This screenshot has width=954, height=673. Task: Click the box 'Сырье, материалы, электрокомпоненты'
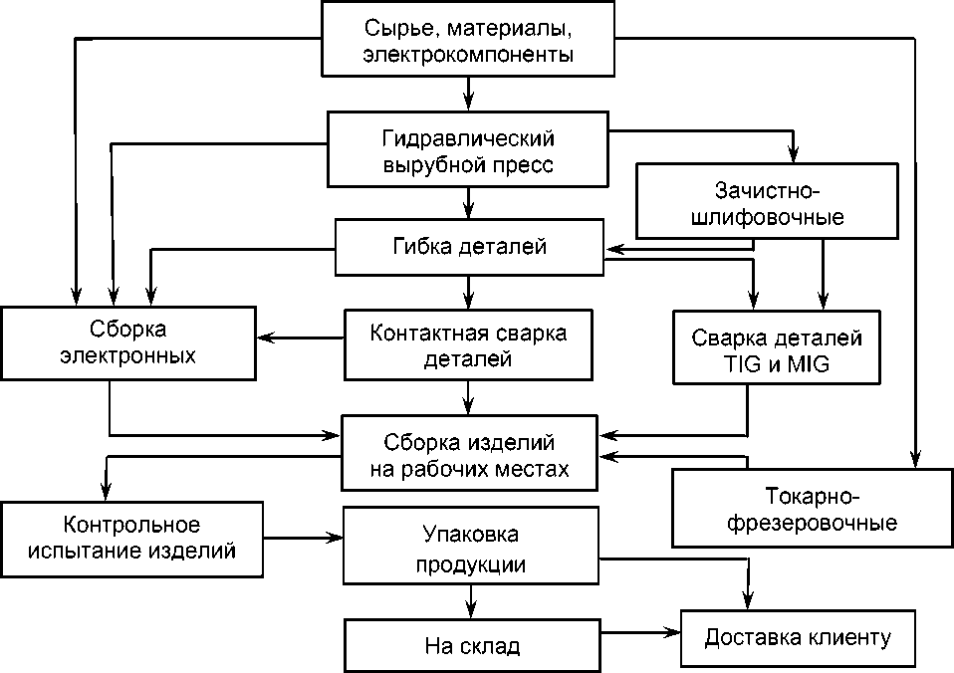point(468,40)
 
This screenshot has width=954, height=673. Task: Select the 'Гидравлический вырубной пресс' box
point(468,150)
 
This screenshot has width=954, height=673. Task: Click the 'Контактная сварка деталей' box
point(468,344)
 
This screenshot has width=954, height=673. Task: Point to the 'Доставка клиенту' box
point(798,637)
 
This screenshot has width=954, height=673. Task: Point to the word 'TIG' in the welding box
point(745,364)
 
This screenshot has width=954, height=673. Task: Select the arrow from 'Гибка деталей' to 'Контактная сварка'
point(468,292)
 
